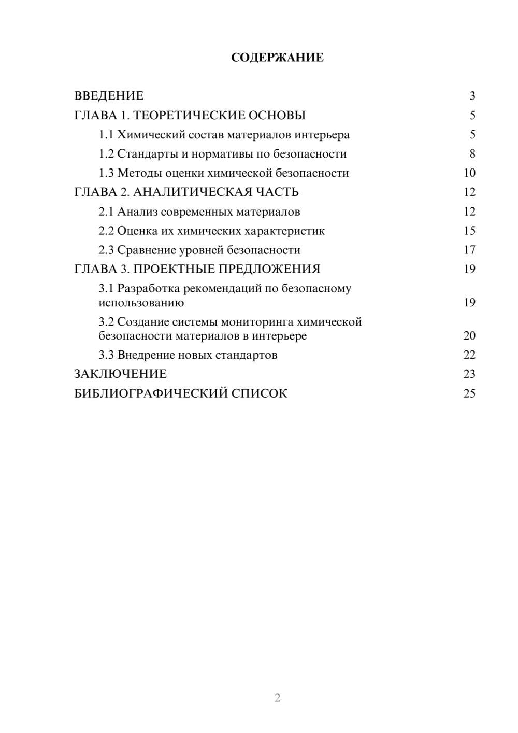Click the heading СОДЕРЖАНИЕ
tap(277, 58)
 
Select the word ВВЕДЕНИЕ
tap(109, 96)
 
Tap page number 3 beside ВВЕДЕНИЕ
tap(472, 96)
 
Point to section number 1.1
tap(106, 135)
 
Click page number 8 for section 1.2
tap(472, 154)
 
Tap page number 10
tap(469, 173)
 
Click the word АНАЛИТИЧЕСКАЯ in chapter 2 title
tap(191, 192)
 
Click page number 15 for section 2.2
tap(469, 231)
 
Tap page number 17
tap(469, 250)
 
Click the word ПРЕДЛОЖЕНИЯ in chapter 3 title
tap(269, 269)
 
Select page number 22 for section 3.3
tap(469, 355)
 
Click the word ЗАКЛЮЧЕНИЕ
tap(121, 374)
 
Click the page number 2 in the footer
tap(277, 698)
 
